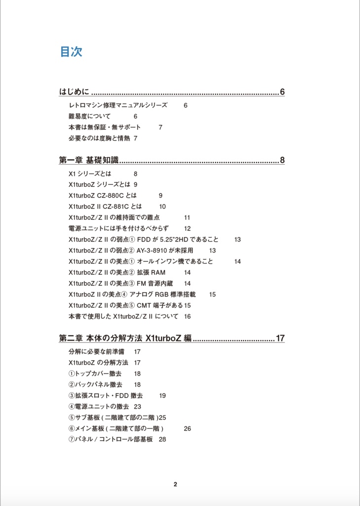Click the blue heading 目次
pyautogui.click(x=71, y=52)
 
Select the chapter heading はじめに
pyautogui.click(x=74, y=92)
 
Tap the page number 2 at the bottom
pyautogui.click(x=175, y=484)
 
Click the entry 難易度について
pyautogui.click(x=90, y=116)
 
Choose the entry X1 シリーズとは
pyautogui.click(x=90, y=174)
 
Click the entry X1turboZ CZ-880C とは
pyautogui.click(x=103, y=196)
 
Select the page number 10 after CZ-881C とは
pyautogui.click(x=162, y=207)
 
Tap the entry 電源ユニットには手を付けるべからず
pyautogui.click(x=119, y=228)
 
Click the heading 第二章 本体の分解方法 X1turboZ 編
pyautogui.click(x=125, y=338)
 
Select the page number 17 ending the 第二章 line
pyautogui.click(x=280, y=338)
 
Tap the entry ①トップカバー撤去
pyautogui.click(x=95, y=374)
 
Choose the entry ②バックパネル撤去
pyautogui.click(x=95, y=384)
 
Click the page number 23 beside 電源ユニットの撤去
pyautogui.click(x=137, y=406)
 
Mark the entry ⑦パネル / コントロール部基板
pyautogui.click(x=111, y=439)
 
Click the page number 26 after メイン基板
pyautogui.click(x=187, y=428)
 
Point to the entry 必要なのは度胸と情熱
pyautogui.click(x=99, y=138)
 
